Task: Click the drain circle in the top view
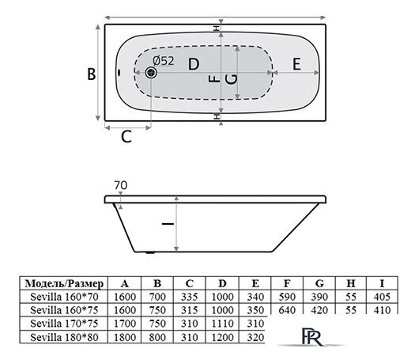point(151,73)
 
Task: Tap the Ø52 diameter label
point(164,61)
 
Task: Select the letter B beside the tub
point(92,74)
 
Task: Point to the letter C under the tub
point(126,137)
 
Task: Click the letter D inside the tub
point(194,64)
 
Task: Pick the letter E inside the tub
point(296,64)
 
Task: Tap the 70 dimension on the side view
point(121,185)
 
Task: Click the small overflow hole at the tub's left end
point(119,72)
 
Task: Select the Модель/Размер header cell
point(64,283)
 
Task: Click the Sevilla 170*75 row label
point(64,323)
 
